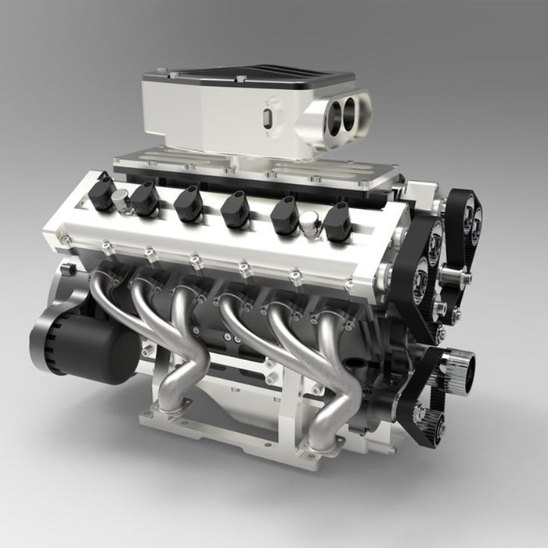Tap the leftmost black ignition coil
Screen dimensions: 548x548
click(x=101, y=193)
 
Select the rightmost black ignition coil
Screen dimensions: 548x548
click(x=337, y=222)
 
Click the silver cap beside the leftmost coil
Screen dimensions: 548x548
click(x=121, y=200)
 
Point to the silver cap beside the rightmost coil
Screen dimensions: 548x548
click(x=310, y=225)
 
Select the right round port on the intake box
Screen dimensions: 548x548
click(x=356, y=109)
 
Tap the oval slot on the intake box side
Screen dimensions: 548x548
click(x=269, y=117)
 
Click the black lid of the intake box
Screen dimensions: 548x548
click(x=251, y=79)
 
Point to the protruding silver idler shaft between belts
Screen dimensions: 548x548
click(x=454, y=276)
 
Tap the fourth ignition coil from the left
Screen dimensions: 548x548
click(x=235, y=210)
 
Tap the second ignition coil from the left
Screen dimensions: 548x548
click(x=145, y=199)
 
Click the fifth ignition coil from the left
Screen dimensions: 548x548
click(x=284, y=216)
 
